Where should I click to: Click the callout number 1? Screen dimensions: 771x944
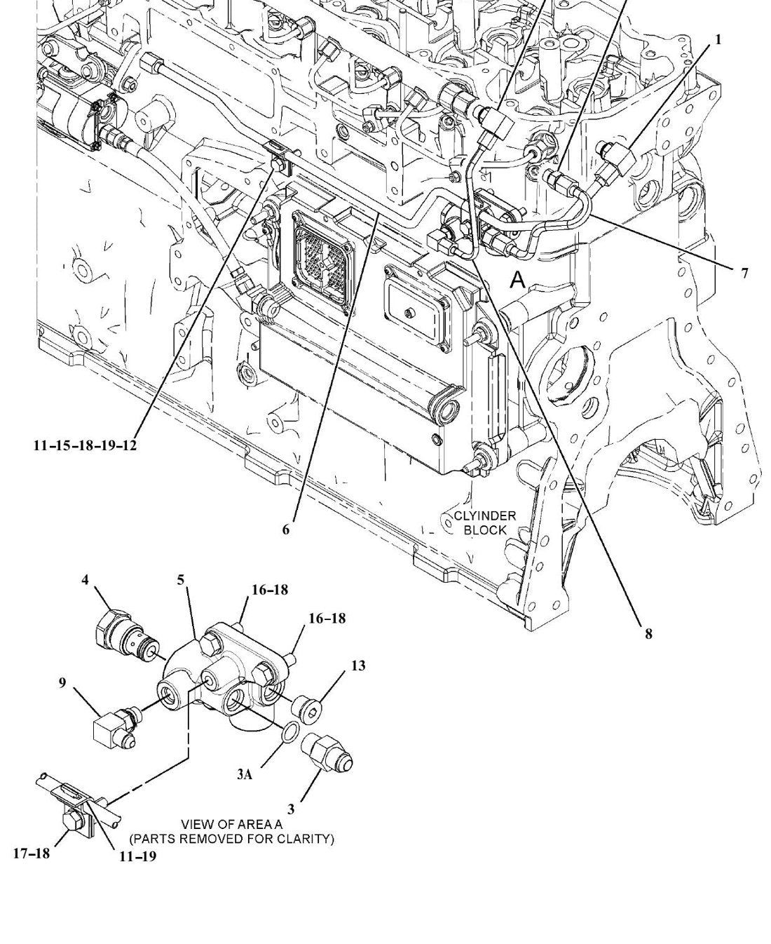(x=718, y=40)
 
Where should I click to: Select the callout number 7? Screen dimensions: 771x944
(x=744, y=273)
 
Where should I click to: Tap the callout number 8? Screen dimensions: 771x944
(x=648, y=633)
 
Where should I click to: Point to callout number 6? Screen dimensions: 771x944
(x=286, y=530)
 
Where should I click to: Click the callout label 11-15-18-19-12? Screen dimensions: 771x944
(x=85, y=445)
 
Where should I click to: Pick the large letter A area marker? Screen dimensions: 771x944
(x=518, y=280)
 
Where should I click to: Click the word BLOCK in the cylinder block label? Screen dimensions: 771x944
(x=485, y=530)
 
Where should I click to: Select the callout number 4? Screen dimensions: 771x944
(x=85, y=579)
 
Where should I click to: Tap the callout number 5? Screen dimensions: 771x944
(x=180, y=580)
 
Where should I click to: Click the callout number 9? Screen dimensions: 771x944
(x=62, y=682)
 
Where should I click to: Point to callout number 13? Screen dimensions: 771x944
(x=358, y=666)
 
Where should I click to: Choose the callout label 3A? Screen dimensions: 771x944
(x=245, y=774)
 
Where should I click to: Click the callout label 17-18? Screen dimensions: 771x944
(x=32, y=853)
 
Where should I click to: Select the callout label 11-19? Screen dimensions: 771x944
(x=138, y=856)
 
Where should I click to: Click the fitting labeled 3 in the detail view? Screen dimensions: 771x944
(x=327, y=752)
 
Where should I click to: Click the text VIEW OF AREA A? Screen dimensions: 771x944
(x=231, y=824)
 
